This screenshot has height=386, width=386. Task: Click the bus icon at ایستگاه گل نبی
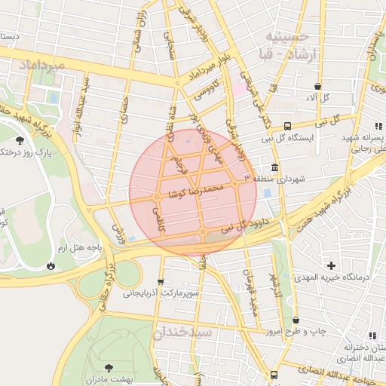[287, 127]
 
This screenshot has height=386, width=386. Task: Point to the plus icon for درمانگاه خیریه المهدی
[331, 265]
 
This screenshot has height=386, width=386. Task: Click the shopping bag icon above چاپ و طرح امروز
[296, 320]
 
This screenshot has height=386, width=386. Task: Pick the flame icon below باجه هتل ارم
[50, 265]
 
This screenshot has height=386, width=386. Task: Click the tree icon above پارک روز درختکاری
[20, 139]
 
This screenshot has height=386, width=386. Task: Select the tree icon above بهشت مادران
[109, 367]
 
